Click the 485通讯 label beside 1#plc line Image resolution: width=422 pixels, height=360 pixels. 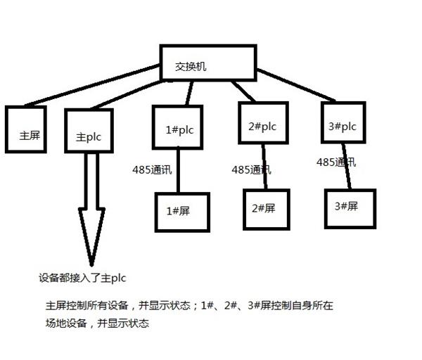click(x=152, y=169)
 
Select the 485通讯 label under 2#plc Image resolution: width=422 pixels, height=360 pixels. click(x=251, y=169)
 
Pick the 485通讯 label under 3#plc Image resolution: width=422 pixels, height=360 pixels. click(x=336, y=162)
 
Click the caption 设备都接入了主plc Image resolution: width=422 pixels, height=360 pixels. click(x=82, y=278)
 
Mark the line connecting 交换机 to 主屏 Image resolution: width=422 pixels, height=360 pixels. click(x=92, y=85)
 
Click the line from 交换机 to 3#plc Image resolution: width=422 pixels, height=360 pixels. click(x=296, y=85)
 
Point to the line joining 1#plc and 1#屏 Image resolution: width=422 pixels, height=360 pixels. click(x=178, y=169)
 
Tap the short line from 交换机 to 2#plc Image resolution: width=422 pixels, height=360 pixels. click(x=243, y=91)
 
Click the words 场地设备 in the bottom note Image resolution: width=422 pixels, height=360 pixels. click(x=66, y=323)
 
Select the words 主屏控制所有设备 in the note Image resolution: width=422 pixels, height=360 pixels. click(x=87, y=305)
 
